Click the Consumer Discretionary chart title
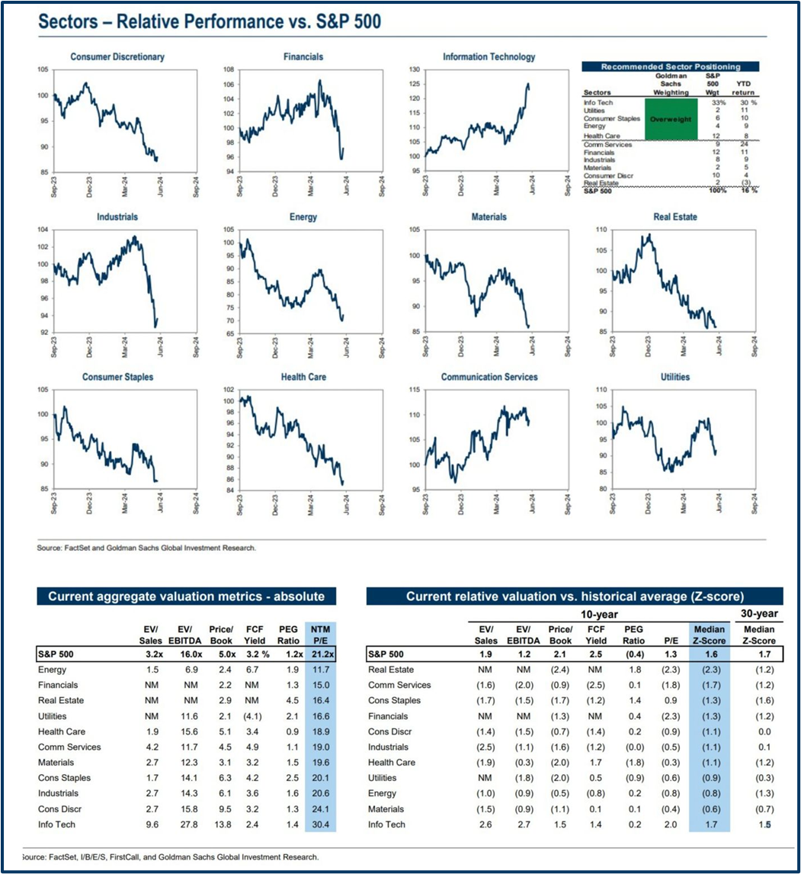117,57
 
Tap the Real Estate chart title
675,217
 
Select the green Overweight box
671,120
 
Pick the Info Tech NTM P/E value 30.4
320,824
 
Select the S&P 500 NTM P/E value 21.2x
320,654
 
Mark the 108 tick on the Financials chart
228,69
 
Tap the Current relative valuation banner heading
575,596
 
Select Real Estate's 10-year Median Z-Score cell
709,669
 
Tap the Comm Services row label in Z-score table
401,685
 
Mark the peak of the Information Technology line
528,85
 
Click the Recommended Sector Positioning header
671,67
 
